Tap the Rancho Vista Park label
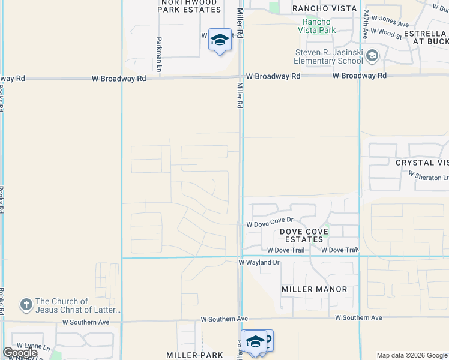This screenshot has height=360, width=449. point(318,26)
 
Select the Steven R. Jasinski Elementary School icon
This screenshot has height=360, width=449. point(372,56)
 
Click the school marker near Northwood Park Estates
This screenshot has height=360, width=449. point(220,40)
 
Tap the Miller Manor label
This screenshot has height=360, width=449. point(315,289)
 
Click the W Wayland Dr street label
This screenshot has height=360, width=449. point(259,263)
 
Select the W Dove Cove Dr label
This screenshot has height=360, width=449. point(270,224)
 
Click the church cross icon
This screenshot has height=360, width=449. point(26,305)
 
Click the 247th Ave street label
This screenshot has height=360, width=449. point(364,25)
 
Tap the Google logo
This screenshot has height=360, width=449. point(20,353)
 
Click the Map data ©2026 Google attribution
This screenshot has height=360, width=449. point(411,355)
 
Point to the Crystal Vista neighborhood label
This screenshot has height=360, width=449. point(422,163)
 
